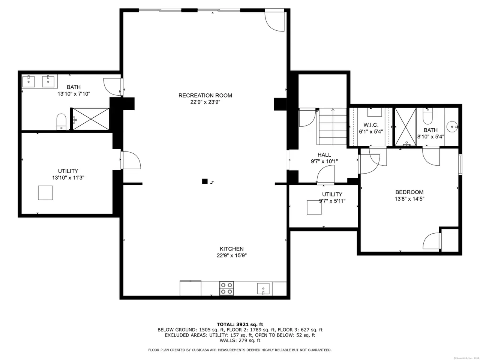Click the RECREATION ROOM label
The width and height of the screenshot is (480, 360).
pyautogui.click(x=205, y=95)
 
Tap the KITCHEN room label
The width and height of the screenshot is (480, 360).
pyautogui.click(x=231, y=249)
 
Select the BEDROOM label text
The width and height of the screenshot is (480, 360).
pyautogui.click(x=409, y=192)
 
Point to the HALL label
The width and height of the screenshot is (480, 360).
pyautogui.click(x=324, y=155)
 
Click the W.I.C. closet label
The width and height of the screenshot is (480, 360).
pyautogui.click(x=370, y=125)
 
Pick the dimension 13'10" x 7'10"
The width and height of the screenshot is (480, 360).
pyautogui.click(x=74, y=94)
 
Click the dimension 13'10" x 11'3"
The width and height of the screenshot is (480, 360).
pyautogui.click(x=68, y=177)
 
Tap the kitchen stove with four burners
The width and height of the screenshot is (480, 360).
pyautogui.click(x=226, y=288)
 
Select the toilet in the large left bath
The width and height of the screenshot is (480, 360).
pyautogui.click(x=61, y=122)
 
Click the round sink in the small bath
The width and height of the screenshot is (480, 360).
pyautogui.click(x=452, y=127)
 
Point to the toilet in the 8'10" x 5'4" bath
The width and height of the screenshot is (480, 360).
pyautogui.click(x=427, y=116)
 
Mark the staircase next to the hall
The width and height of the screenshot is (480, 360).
pyautogui.click(x=332, y=126)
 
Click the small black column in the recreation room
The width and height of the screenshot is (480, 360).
pyautogui.click(x=205, y=181)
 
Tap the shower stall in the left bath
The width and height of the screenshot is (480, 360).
pyautogui.click(x=91, y=119)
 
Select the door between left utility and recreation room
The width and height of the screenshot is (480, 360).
pyautogui.click(x=130, y=160)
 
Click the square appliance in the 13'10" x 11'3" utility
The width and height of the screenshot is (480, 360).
pyautogui.click(x=45, y=193)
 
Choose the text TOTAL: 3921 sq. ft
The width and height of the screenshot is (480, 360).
pyautogui.click(x=240, y=324)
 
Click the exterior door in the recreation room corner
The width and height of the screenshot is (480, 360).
pyautogui.click(x=274, y=20)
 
